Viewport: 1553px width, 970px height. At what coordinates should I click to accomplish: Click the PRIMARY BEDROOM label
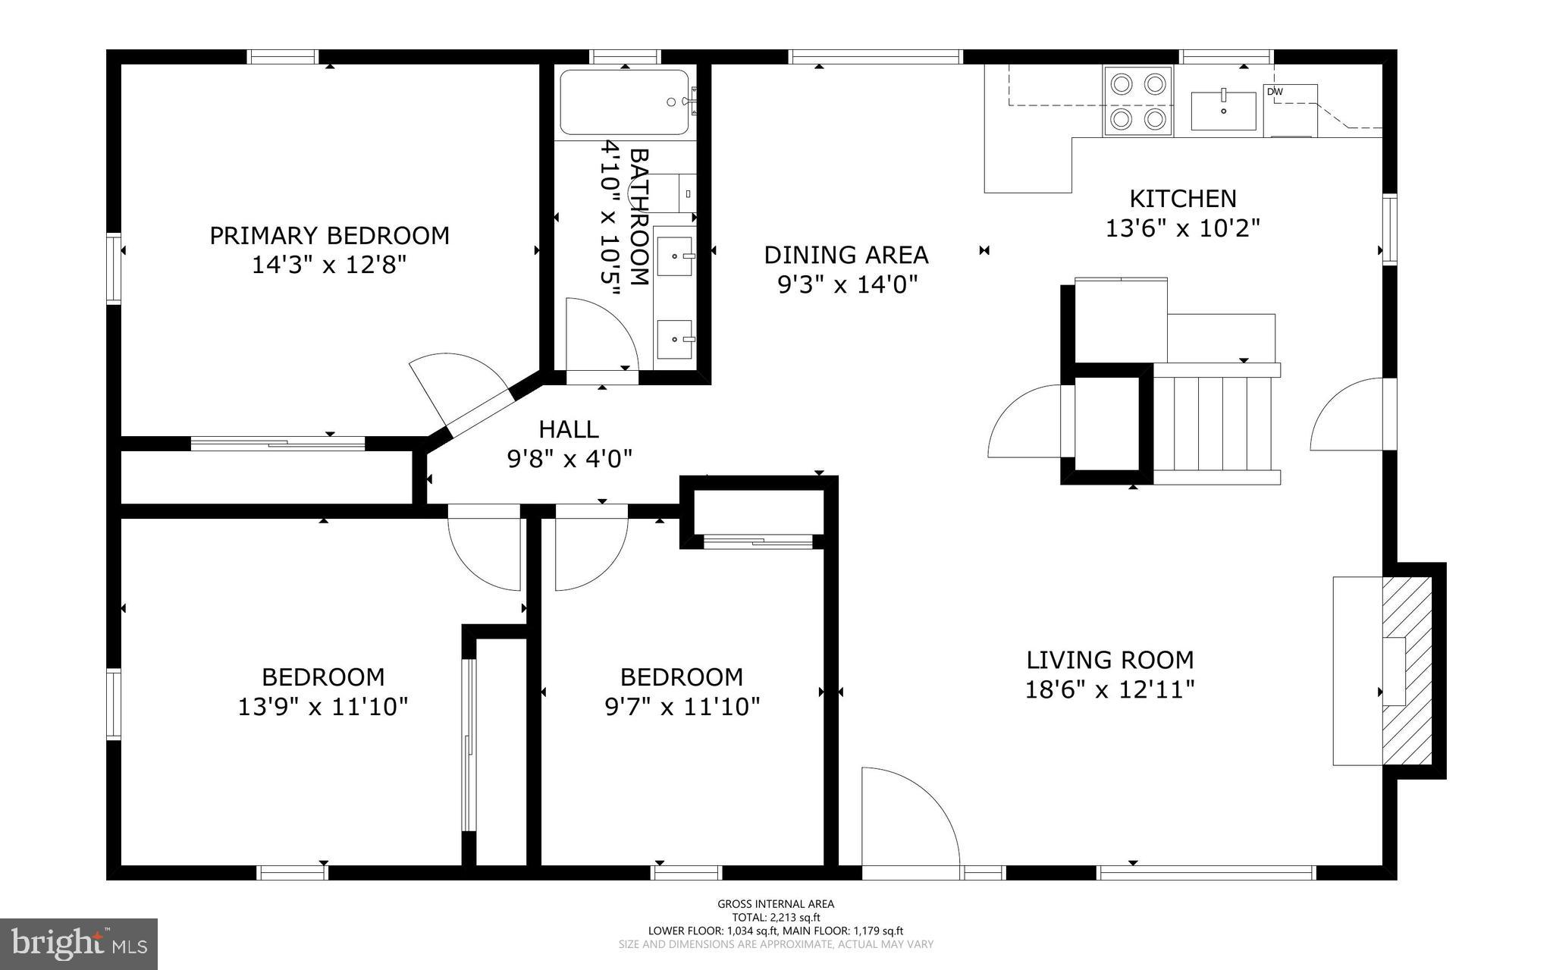pos(329,236)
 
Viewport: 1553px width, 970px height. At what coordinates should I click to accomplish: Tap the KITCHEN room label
pos(1183,199)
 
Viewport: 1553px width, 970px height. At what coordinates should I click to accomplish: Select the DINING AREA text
pos(846,255)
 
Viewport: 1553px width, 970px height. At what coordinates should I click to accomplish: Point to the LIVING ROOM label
pos(1110,660)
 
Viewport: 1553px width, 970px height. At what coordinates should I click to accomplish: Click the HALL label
pos(569,429)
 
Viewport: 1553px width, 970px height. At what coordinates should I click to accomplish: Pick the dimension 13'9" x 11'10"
pos(323,707)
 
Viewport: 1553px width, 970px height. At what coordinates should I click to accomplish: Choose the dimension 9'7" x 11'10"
pos(682,707)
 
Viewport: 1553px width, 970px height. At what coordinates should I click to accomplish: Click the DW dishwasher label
pos(1274,93)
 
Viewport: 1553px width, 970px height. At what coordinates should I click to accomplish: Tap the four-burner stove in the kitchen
pos(1139,102)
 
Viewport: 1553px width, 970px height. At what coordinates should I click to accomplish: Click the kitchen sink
pos(1224,111)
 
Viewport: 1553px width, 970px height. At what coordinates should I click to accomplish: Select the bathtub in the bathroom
pos(625,102)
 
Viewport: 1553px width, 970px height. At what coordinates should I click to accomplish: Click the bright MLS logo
pos(79,944)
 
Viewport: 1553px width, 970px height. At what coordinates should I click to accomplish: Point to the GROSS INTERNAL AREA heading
pos(776,904)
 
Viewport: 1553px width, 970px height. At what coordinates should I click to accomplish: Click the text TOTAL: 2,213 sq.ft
pos(776,918)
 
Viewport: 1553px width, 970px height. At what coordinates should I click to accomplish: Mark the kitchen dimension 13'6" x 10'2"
pos(1183,228)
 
